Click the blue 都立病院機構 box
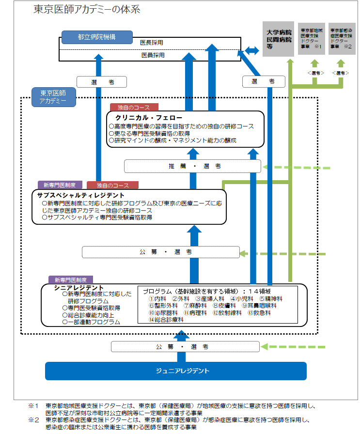pos(96,37)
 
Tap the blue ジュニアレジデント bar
pos(176,371)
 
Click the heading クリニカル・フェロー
pos(149,118)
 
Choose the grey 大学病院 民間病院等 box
pos(279,38)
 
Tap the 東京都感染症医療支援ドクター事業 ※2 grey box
pos(342,38)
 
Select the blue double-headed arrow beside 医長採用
pos(252,50)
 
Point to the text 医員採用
pos(153,55)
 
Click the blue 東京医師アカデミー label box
pos(53,97)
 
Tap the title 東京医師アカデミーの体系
pos(87,10)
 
